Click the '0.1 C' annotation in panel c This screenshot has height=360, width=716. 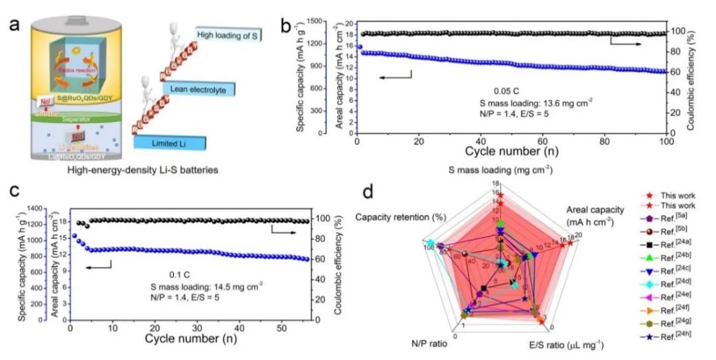point(181,272)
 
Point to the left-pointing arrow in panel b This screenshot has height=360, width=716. point(395,78)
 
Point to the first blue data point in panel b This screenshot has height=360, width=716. point(359,47)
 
